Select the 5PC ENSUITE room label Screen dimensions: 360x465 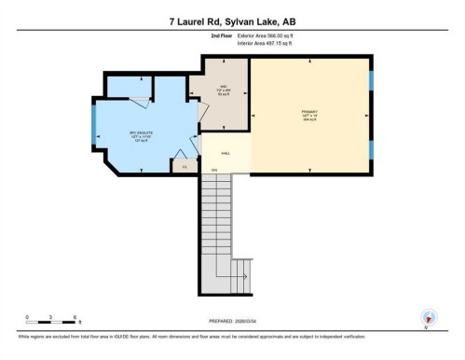(x=140, y=135)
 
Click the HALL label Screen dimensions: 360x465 (x=226, y=152)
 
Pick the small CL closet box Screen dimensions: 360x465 (x=185, y=166)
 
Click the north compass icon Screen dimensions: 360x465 (x=429, y=317)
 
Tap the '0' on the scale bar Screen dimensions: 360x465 (x=27, y=317)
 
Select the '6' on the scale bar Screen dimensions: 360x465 (x=75, y=317)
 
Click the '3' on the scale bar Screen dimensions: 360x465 (x=50, y=317)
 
